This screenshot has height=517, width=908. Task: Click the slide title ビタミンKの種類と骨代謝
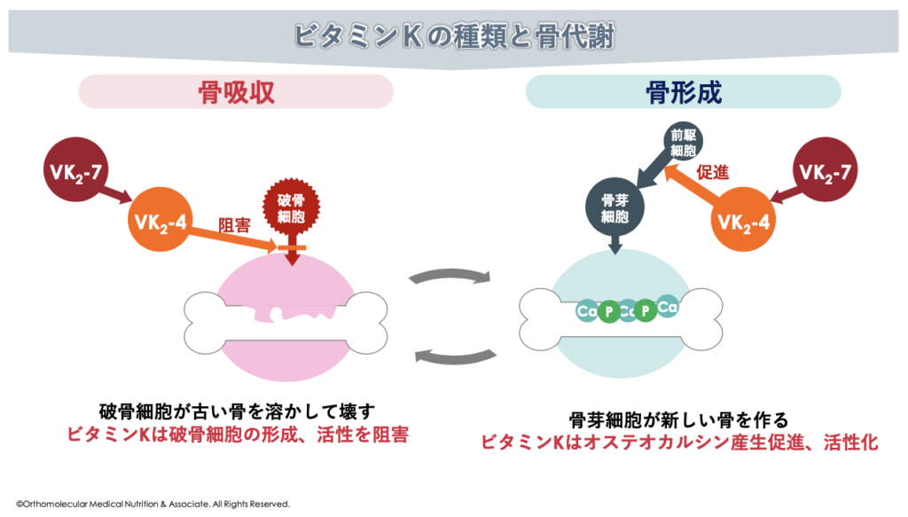(453, 36)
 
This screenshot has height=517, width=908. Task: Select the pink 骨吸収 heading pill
(236, 92)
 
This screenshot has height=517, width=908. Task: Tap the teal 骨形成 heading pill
(683, 92)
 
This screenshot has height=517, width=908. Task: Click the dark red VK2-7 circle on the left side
(74, 168)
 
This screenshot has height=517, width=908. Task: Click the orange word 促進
(713, 173)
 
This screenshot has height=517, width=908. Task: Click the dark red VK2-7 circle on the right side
(829, 168)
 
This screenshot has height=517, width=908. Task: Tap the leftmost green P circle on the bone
(608, 312)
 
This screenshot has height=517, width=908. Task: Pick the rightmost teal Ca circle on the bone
(668, 307)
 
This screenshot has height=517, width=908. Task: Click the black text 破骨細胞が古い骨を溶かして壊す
(238, 411)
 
